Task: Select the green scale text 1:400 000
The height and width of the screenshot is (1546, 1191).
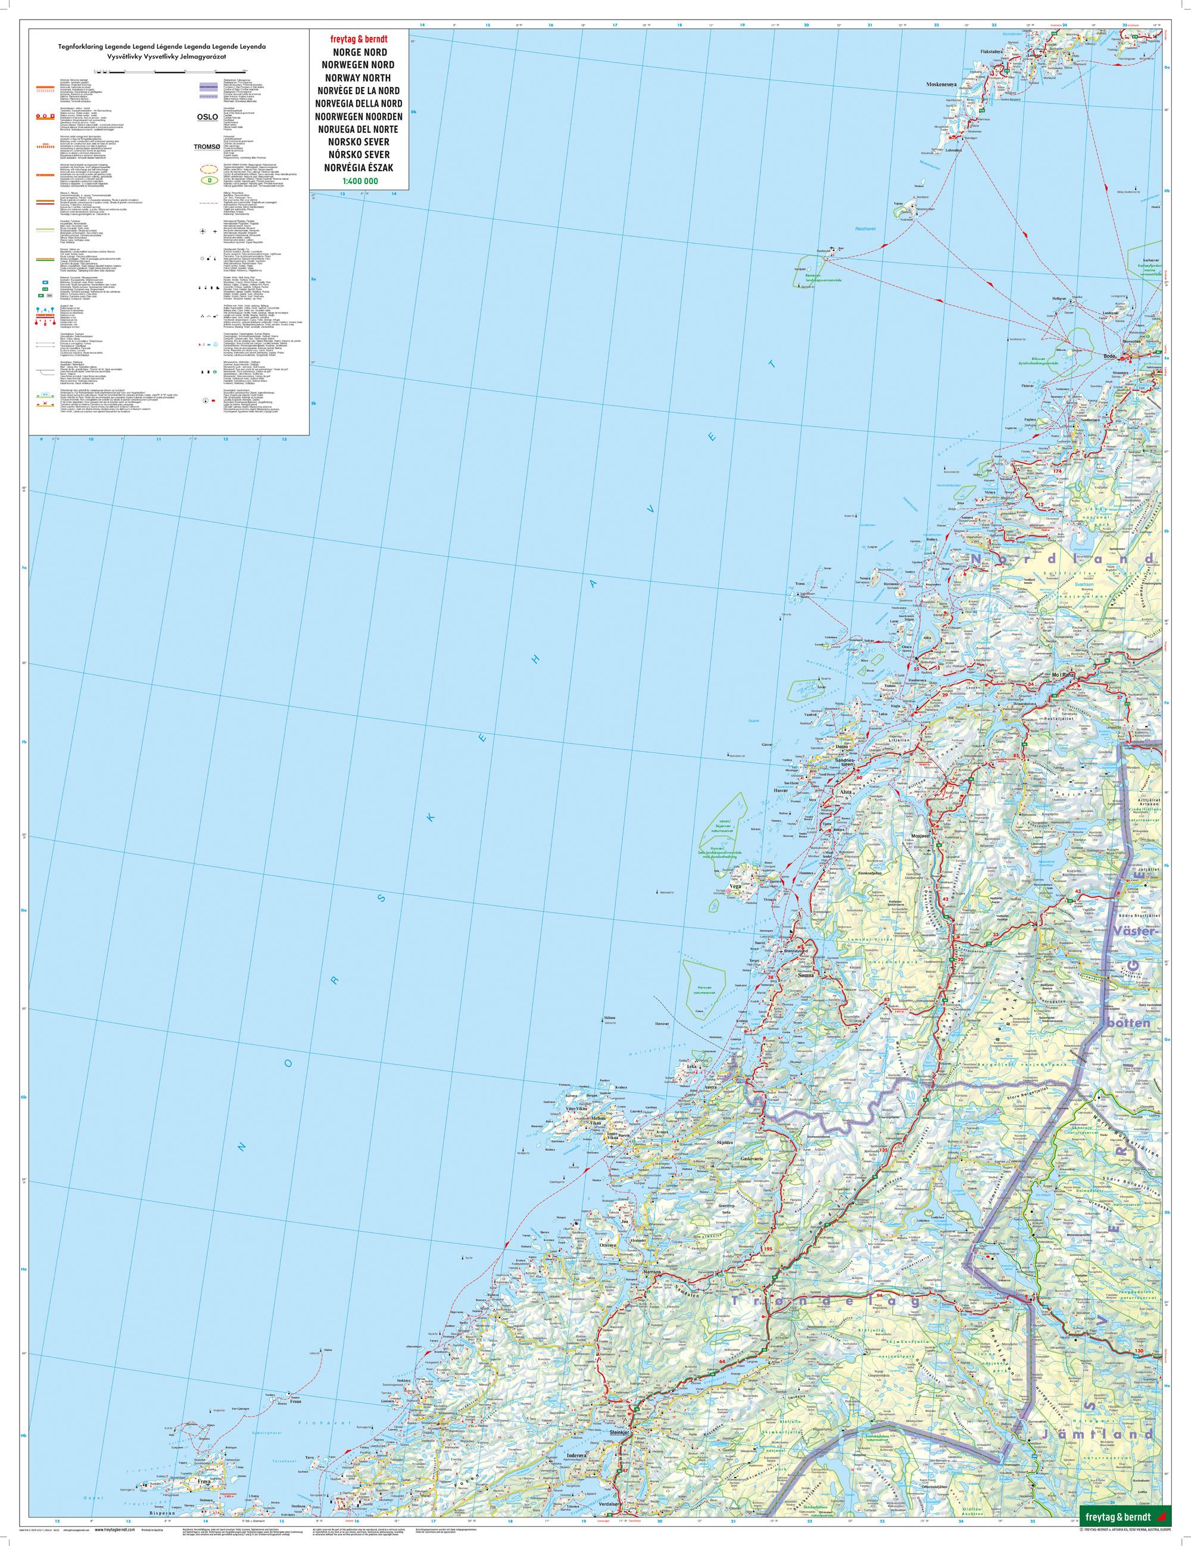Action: pyautogui.click(x=356, y=182)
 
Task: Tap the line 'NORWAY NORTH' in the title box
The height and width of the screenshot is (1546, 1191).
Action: pyautogui.click(x=356, y=78)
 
